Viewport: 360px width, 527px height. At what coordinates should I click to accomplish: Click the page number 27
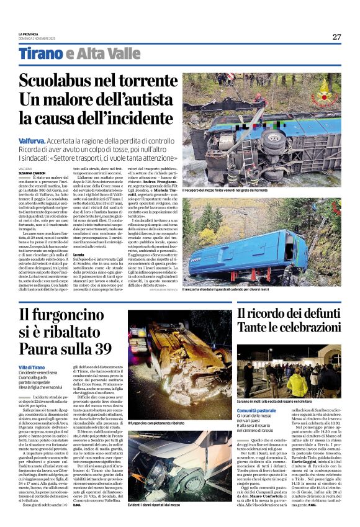click(336, 37)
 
